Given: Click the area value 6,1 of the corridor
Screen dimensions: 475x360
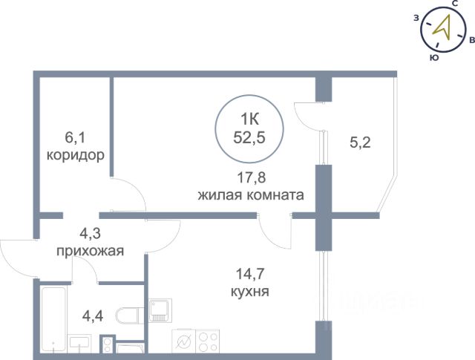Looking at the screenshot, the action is point(75,138).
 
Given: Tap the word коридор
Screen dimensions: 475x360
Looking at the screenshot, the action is point(76,155).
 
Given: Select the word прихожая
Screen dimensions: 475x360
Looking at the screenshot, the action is point(91,252).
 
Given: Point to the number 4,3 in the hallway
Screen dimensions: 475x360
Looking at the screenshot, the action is point(90,234).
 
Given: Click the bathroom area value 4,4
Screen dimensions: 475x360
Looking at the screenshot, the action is point(93,316).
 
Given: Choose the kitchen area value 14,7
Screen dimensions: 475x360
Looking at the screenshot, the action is point(250,274).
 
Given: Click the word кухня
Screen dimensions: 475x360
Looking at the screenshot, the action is point(250,292).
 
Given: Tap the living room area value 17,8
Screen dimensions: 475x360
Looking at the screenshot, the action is point(251,177).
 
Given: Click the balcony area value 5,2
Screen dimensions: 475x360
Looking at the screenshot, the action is point(360,143).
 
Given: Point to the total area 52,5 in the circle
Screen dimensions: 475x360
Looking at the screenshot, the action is point(249,137).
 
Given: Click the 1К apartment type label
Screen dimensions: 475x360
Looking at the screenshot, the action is point(249,120).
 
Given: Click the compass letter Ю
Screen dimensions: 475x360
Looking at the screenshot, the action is point(434,58).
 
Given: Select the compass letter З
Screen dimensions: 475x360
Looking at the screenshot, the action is point(416,18).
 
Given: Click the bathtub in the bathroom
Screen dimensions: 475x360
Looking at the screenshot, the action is point(53,319).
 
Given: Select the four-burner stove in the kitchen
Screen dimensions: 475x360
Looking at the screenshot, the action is point(208,341).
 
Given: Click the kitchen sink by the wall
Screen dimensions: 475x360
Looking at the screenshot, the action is point(160,310).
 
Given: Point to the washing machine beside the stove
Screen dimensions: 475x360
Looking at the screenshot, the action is point(183,341).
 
